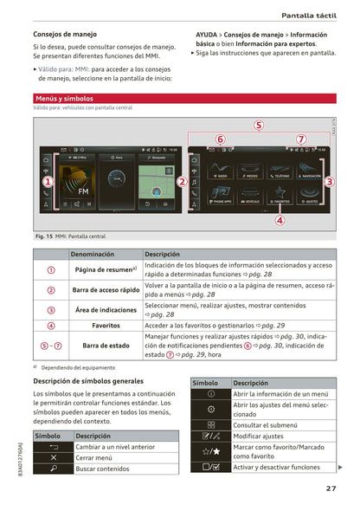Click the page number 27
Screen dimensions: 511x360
coord(331,488)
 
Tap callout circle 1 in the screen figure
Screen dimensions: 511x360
coord(48,182)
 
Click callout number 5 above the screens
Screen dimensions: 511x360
coord(259,126)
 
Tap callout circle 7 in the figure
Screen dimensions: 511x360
coord(300,139)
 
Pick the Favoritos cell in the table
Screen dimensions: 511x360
coord(106,325)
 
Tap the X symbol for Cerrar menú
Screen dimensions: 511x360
coord(54,456)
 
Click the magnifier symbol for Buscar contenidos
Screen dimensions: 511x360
coord(54,468)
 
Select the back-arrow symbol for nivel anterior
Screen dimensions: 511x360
coord(54,446)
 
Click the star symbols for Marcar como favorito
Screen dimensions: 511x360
coord(210,451)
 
